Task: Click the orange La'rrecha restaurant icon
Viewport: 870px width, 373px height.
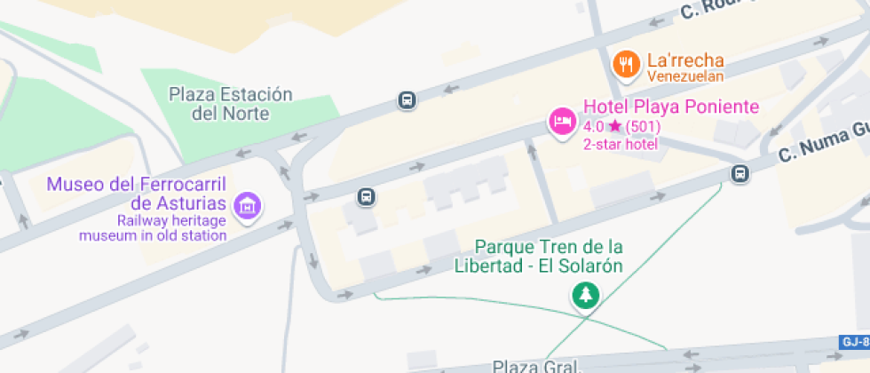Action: click(x=627, y=64)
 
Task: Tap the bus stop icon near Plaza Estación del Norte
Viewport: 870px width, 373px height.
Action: click(x=407, y=100)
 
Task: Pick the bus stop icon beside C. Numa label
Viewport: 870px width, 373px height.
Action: click(x=740, y=174)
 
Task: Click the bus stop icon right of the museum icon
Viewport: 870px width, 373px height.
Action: click(x=366, y=196)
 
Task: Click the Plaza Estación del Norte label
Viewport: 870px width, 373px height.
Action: click(x=230, y=103)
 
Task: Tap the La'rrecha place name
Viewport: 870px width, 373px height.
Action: click(x=685, y=60)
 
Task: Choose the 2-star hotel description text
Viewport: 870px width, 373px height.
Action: click(x=620, y=145)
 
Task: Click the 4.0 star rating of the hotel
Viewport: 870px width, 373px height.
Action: click(x=621, y=127)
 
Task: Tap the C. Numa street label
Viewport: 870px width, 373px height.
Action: click(x=822, y=142)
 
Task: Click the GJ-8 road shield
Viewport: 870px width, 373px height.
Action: click(x=854, y=342)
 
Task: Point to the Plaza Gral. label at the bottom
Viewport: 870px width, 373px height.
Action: click(x=536, y=366)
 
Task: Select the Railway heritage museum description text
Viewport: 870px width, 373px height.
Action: click(x=153, y=228)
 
